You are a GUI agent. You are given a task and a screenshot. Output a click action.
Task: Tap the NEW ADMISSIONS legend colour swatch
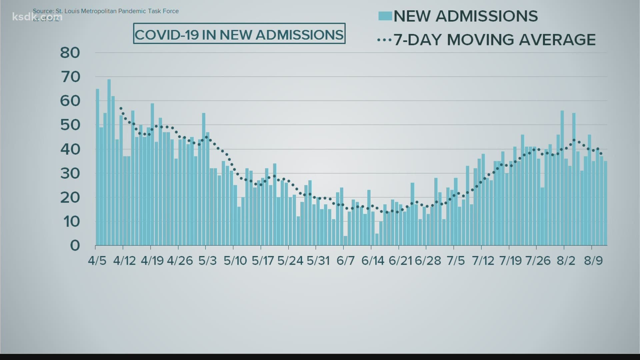click(385, 16)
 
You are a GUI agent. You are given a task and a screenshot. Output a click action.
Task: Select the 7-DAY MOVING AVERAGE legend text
click(495, 40)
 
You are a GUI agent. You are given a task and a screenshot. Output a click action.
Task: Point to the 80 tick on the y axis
click(70, 53)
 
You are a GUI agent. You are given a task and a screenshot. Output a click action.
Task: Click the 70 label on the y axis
click(70, 77)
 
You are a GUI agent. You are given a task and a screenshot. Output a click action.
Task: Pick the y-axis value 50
click(70, 125)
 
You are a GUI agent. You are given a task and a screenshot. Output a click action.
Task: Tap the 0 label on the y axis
click(75, 246)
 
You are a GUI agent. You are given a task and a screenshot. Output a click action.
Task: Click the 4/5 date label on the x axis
click(97, 260)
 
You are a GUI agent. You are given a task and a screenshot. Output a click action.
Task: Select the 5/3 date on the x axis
click(207, 260)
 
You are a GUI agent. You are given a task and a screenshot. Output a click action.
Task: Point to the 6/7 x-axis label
click(345, 260)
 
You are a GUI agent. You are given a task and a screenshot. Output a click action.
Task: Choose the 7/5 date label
click(456, 260)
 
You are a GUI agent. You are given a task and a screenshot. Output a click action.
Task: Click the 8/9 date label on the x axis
click(593, 260)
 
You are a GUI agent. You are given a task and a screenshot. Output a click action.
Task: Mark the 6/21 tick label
click(400, 260)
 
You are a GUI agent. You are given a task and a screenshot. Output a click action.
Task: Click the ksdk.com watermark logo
click(37, 16)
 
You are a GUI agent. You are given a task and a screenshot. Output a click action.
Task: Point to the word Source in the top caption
click(43, 11)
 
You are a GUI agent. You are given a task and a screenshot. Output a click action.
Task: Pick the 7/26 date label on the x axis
click(538, 260)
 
